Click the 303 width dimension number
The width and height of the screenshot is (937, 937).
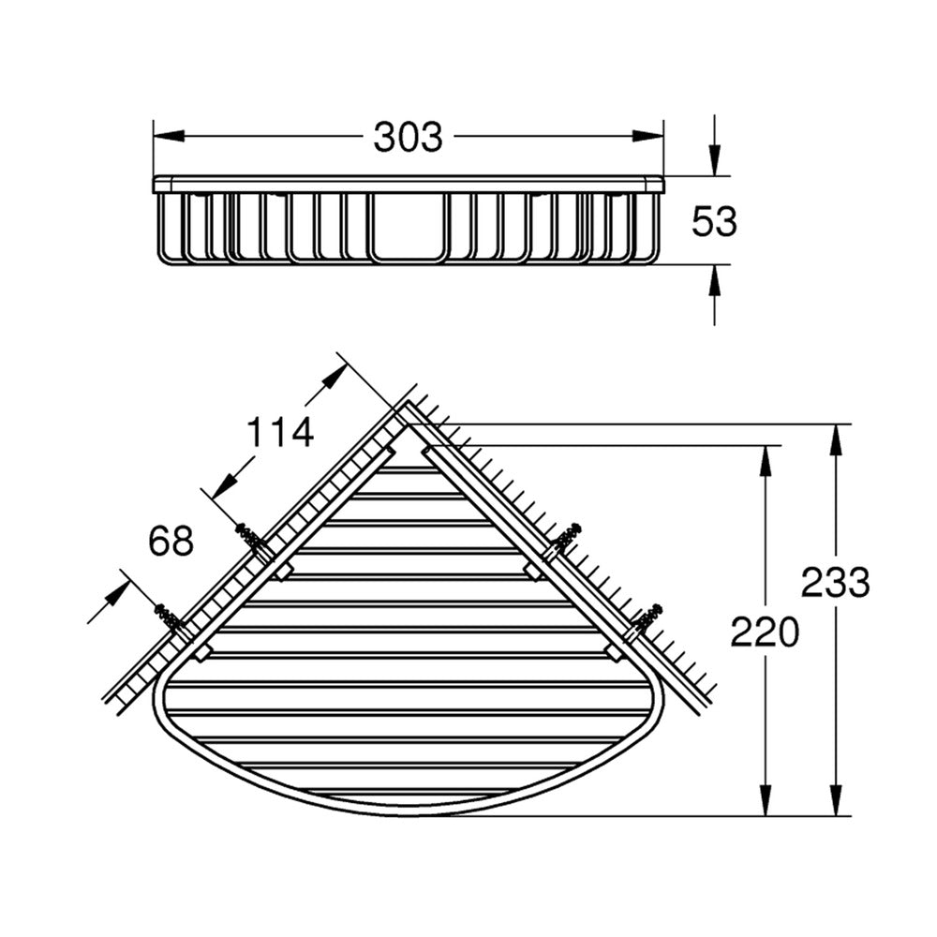(409, 137)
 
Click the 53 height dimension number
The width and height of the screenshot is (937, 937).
(714, 221)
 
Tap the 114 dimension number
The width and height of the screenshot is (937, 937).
(280, 432)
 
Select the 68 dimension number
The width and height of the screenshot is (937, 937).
(171, 541)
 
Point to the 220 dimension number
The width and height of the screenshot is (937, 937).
(765, 632)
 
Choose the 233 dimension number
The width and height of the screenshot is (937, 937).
(836, 583)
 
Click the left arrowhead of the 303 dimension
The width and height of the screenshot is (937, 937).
(169, 136)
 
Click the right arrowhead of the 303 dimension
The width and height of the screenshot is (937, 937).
(648, 136)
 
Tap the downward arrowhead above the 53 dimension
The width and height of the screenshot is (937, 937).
(714, 161)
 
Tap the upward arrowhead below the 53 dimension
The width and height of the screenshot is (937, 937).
(714, 279)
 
